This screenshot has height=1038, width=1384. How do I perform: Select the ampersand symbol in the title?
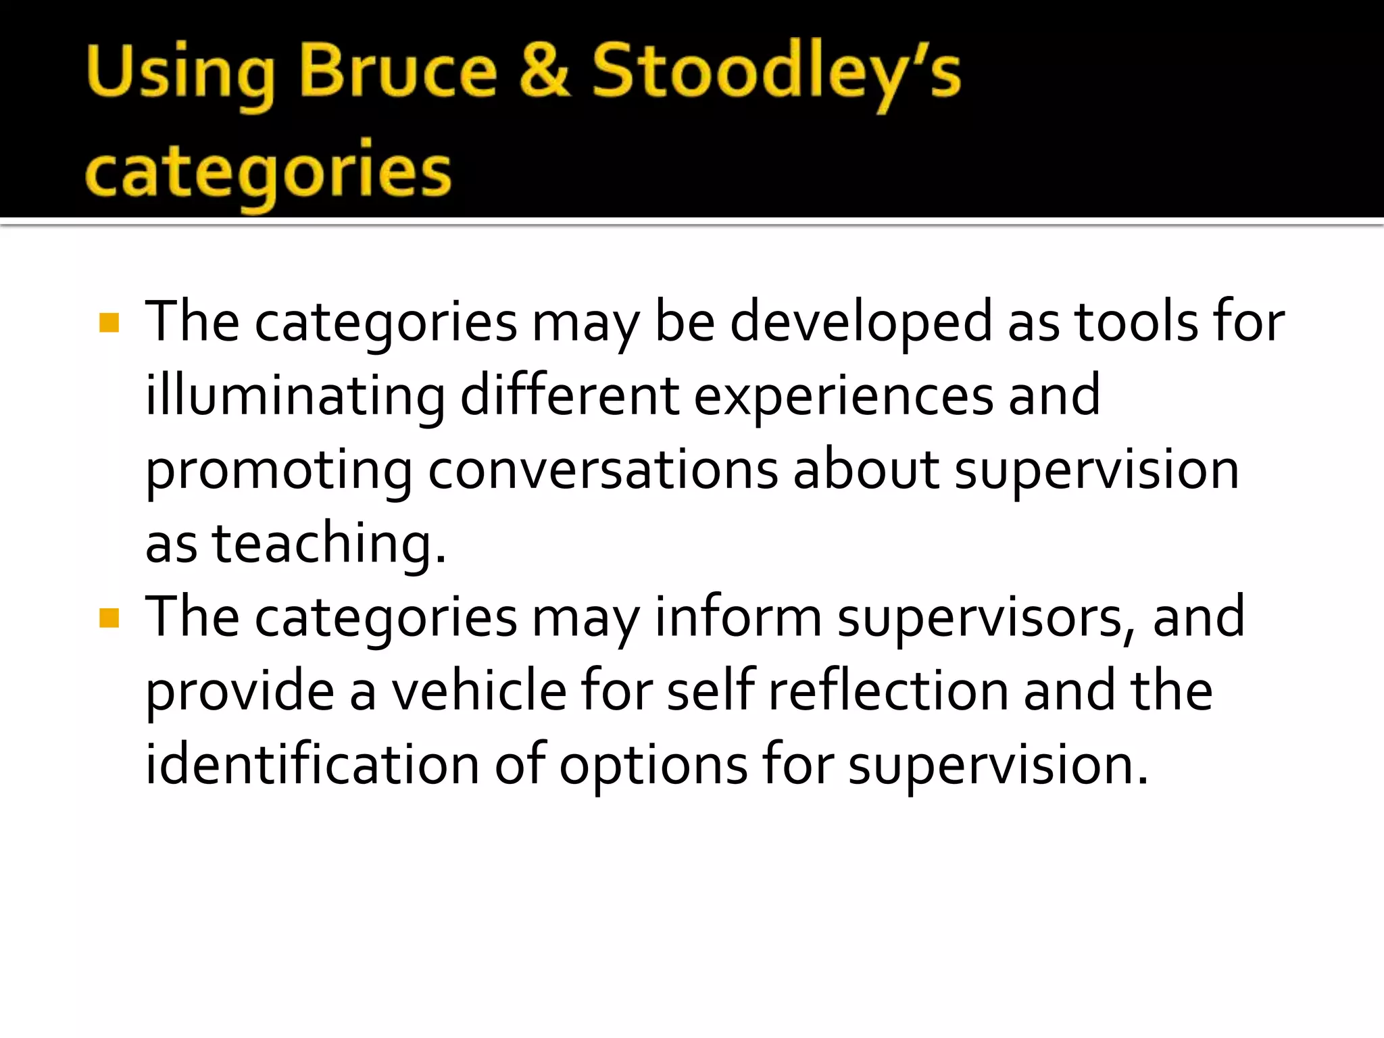[545, 70]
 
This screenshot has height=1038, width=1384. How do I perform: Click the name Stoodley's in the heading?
[776, 73]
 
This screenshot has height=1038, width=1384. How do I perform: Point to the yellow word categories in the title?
[268, 172]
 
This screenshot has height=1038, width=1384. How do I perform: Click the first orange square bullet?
[109, 323]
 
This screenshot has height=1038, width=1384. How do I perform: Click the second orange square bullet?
[109, 618]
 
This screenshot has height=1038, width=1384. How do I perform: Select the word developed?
[861, 323]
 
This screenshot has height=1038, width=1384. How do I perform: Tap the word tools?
[1135, 322]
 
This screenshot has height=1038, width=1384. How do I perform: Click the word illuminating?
[295, 397]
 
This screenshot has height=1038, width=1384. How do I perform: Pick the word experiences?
[843, 397]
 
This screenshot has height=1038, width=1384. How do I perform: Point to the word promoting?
[278, 471]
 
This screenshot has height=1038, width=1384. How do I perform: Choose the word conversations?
[603, 470]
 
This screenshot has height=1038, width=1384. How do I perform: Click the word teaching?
[328, 544]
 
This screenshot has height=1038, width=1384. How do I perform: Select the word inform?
[738, 616]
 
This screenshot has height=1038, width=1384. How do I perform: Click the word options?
[653, 766]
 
